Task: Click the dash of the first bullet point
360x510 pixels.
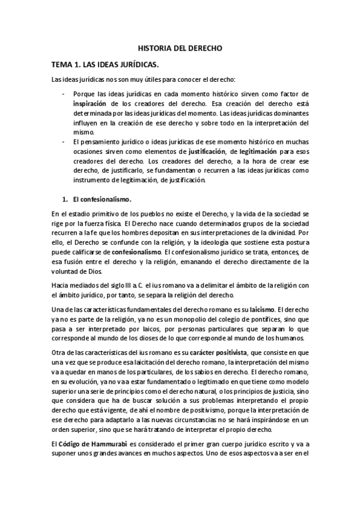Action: (63, 94)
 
